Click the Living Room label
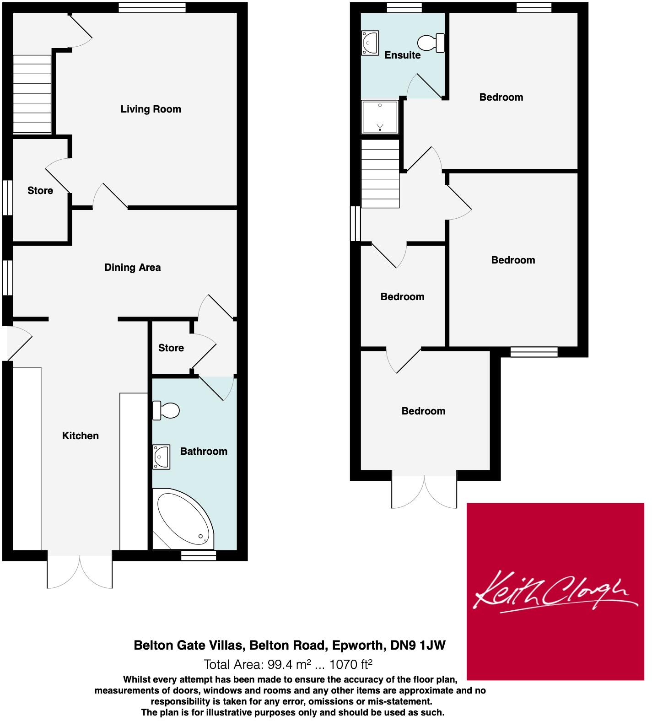(151, 109)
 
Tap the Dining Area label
(132, 267)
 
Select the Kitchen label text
(80, 436)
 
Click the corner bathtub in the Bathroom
(183, 519)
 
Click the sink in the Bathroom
(161, 456)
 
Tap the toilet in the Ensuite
(431, 43)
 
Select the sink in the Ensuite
(370, 43)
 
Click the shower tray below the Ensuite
(380, 117)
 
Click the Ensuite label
(402, 55)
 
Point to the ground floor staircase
(32, 94)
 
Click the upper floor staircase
(380, 174)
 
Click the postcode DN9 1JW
(418, 645)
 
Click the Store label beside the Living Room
(40, 190)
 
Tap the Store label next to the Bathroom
(171, 348)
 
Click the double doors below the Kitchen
(80, 572)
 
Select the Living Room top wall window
(152, 7)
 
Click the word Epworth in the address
(357, 645)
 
